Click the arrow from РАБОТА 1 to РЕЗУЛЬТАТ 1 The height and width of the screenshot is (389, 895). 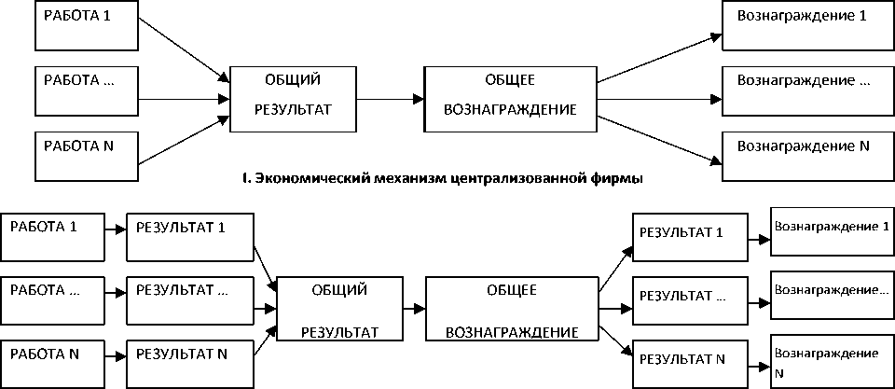pos(113,229)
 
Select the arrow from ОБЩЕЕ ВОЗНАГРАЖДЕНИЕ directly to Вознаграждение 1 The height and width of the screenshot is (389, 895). pos(659,55)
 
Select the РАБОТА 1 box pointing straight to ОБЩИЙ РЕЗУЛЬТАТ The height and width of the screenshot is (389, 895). pos(85,26)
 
